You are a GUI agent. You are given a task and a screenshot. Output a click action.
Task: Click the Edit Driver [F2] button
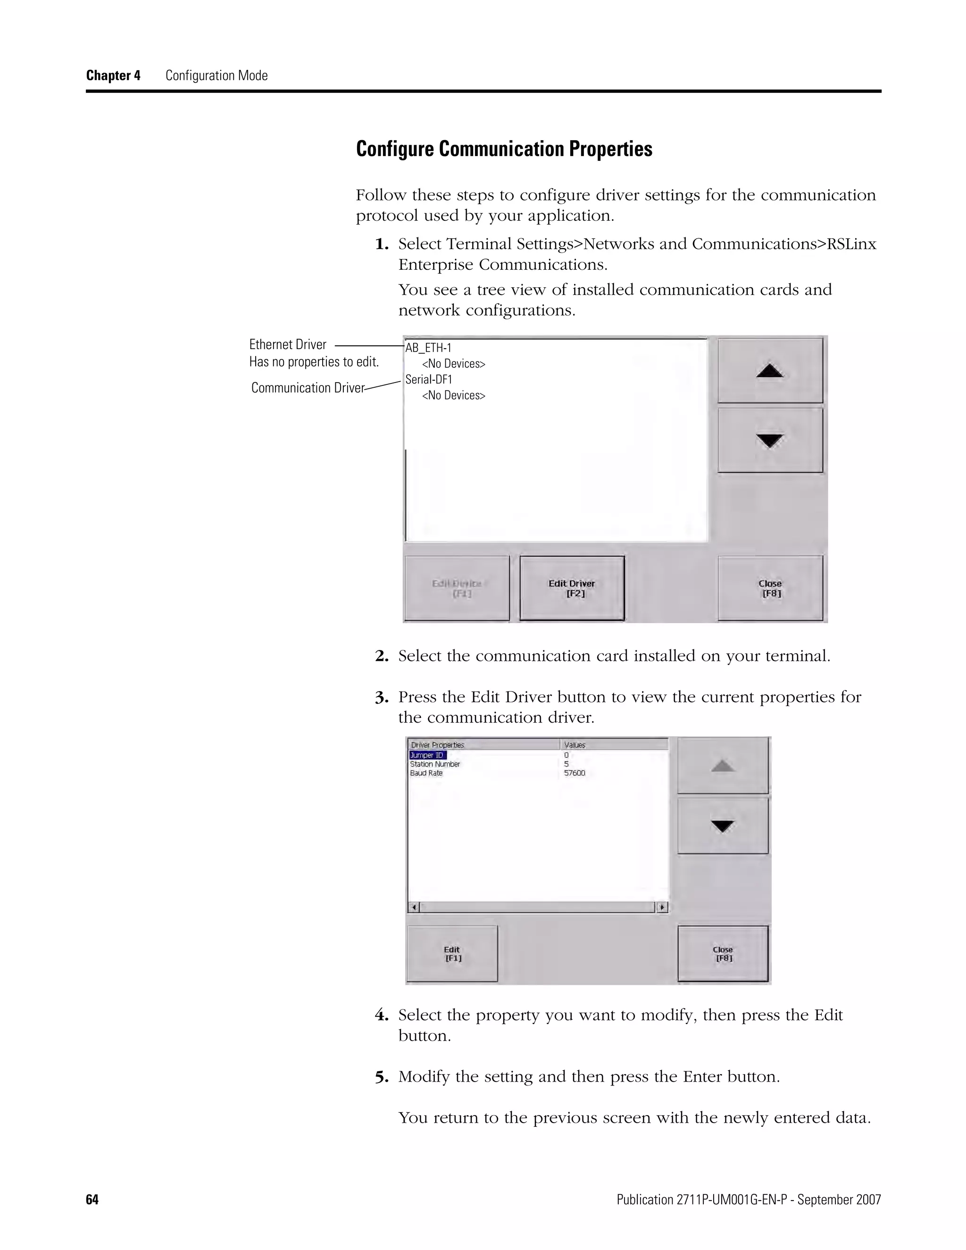(x=572, y=588)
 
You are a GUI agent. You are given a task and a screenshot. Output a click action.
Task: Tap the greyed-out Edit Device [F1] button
(x=457, y=588)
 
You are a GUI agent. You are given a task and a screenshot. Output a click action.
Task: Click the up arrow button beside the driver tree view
(x=770, y=371)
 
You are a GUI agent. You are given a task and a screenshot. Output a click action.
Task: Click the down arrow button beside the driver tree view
(x=770, y=440)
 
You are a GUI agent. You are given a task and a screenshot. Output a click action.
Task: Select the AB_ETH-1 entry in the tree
(x=429, y=348)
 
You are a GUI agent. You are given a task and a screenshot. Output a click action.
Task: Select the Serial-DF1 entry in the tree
(x=429, y=379)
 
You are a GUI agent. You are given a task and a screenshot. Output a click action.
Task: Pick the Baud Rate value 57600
(x=575, y=773)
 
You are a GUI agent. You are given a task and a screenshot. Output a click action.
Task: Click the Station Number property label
(x=435, y=764)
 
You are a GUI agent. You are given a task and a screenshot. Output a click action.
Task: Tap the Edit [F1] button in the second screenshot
(x=452, y=953)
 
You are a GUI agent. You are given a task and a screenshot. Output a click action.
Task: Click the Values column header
(x=575, y=745)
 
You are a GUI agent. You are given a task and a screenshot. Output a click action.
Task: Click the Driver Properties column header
(x=438, y=745)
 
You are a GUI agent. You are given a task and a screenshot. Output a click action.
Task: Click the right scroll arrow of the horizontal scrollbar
(x=662, y=907)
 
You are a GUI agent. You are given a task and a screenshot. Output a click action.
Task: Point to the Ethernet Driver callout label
(x=288, y=344)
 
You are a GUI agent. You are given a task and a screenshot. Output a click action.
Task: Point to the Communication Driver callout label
(x=308, y=388)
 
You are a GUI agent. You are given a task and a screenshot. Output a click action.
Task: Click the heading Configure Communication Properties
(x=504, y=149)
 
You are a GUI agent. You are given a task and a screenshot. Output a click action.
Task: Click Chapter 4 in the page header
(x=113, y=75)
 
